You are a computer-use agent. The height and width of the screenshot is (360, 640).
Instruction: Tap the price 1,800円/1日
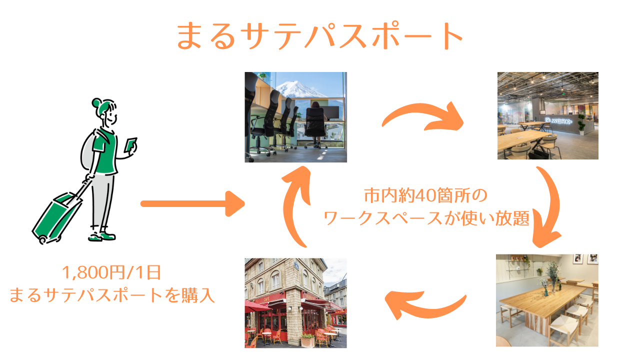[x=111, y=272]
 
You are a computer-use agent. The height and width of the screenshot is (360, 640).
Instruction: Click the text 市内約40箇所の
[x=425, y=195]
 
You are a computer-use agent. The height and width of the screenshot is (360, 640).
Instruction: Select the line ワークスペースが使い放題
[x=426, y=218]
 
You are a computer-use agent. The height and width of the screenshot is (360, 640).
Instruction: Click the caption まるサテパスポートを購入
[x=112, y=294]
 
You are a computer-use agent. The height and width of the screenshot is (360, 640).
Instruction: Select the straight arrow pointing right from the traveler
[x=192, y=203]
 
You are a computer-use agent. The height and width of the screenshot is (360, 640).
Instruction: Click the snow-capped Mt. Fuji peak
[x=295, y=87]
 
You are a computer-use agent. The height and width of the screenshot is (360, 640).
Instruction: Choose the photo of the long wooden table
[x=547, y=300]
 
